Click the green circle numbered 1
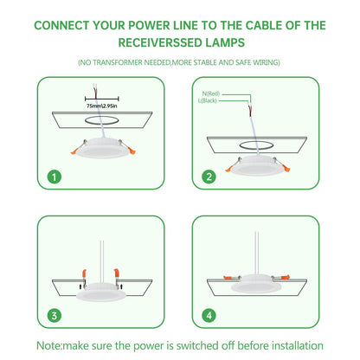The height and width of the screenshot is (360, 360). pyautogui.click(x=55, y=177)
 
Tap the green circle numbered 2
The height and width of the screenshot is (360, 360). pyautogui.click(x=209, y=177)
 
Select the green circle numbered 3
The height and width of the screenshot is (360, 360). pyautogui.click(x=55, y=315)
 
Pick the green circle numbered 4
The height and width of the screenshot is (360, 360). pyautogui.click(x=209, y=315)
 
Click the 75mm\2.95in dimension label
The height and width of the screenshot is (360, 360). pyautogui.click(x=102, y=106)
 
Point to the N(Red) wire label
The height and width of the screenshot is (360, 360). pyautogui.click(x=211, y=93)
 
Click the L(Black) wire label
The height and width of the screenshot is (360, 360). pyautogui.click(x=208, y=100)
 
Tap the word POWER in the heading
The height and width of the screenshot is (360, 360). pyautogui.click(x=149, y=26)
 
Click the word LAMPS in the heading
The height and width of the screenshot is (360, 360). pyautogui.click(x=225, y=42)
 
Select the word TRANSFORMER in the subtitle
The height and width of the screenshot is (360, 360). pyautogui.click(x=118, y=62)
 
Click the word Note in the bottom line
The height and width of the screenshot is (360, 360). pyautogui.click(x=48, y=345)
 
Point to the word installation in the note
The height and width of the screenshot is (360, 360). pyautogui.click(x=298, y=345)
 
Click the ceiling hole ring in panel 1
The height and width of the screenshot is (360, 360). pyautogui.click(x=101, y=120)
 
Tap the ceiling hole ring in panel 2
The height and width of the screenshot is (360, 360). pyautogui.click(x=256, y=145)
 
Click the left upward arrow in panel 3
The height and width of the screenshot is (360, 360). pyautogui.click(x=80, y=286)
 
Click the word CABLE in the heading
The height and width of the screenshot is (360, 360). pyautogui.click(x=264, y=26)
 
